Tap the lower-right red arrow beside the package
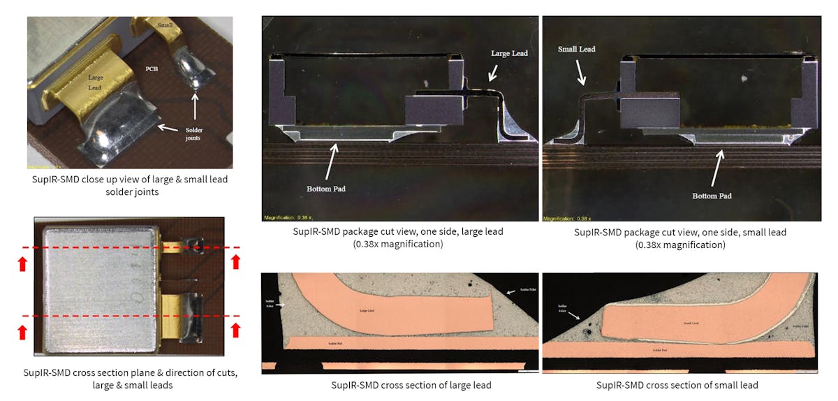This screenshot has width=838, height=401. point(235,328)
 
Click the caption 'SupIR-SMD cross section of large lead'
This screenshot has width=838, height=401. point(411,385)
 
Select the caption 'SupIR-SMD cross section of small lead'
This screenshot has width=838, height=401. point(677,385)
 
